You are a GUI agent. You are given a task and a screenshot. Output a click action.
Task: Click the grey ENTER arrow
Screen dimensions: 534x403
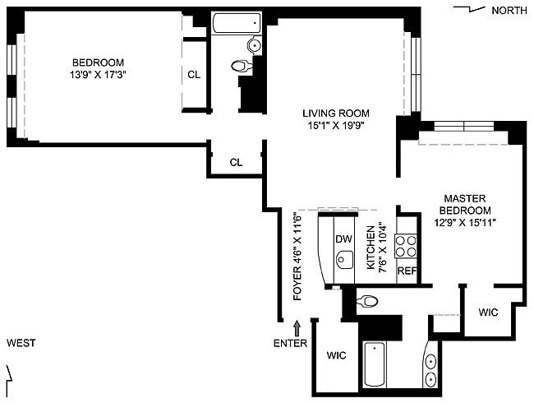(297, 328)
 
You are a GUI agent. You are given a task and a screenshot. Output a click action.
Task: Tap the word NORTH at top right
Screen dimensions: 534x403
(509, 11)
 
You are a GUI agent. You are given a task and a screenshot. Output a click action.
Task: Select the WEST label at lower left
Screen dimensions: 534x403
(21, 343)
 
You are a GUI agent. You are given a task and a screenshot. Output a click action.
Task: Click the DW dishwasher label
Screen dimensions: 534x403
(343, 239)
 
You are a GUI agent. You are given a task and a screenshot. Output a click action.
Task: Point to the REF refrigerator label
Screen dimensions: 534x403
(407, 271)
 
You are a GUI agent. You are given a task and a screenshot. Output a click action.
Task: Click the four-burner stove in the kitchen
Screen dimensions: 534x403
(406, 246)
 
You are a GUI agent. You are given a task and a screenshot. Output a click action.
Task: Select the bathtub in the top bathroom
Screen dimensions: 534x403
(237, 23)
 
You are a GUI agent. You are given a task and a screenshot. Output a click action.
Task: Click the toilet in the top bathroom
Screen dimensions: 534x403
(242, 66)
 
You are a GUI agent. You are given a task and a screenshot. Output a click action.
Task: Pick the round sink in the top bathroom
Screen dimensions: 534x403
(255, 45)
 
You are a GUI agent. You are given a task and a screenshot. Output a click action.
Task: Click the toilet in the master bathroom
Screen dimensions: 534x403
(367, 301)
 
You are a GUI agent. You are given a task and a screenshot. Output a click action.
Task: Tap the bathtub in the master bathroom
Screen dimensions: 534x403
(375, 364)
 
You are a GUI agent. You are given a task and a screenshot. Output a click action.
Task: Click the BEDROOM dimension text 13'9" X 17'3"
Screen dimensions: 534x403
(98, 75)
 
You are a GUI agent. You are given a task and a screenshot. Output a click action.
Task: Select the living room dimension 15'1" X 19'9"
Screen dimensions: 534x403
(336, 126)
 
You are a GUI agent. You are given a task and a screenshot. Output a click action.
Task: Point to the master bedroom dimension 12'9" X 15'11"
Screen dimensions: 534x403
(465, 223)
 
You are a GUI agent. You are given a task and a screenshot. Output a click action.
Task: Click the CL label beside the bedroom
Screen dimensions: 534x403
(194, 74)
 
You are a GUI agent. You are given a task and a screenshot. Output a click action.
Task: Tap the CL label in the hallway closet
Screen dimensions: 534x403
(236, 162)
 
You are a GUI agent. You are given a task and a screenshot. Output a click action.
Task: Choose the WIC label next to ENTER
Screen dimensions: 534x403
(337, 355)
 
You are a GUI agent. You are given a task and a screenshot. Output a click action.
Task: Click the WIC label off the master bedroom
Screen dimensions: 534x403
(488, 312)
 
